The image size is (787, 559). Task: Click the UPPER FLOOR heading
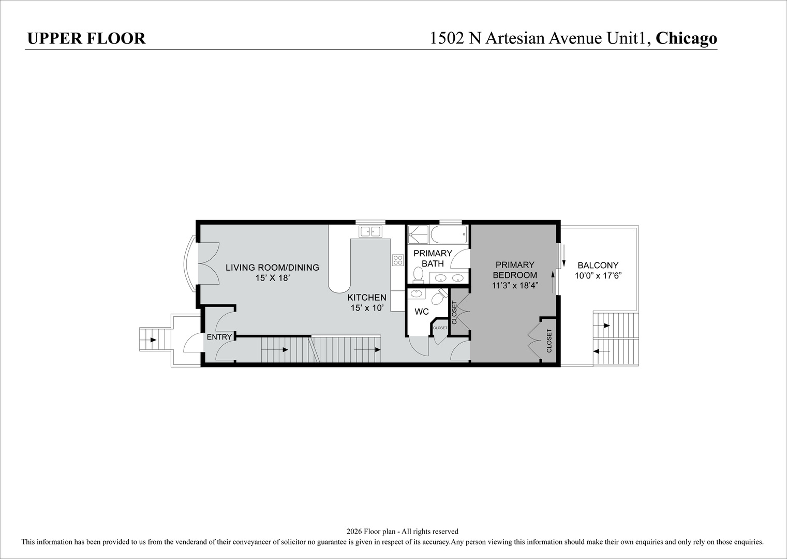[x=86, y=38]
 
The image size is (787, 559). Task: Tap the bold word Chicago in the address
[x=686, y=38]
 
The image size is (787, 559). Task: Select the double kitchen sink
[x=370, y=231]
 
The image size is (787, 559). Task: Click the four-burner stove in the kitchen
[x=398, y=260]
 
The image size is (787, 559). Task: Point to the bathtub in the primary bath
[x=449, y=234]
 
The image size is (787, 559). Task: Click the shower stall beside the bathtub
[x=418, y=234]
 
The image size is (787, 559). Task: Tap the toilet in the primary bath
[x=418, y=274]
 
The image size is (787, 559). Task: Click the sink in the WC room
[x=417, y=293]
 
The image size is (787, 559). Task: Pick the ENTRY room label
[x=219, y=337]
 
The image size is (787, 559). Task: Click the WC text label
[x=422, y=312]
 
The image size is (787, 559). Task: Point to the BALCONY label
[x=598, y=266]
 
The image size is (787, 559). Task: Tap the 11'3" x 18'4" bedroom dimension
[x=515, y=285]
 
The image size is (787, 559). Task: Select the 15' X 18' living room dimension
[x=272, y=278]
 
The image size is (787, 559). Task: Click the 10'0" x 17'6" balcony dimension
[x=598, y=275]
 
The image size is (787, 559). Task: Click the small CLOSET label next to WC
[x=440, y=328]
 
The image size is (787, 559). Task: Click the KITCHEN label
[x=367, y=297]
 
